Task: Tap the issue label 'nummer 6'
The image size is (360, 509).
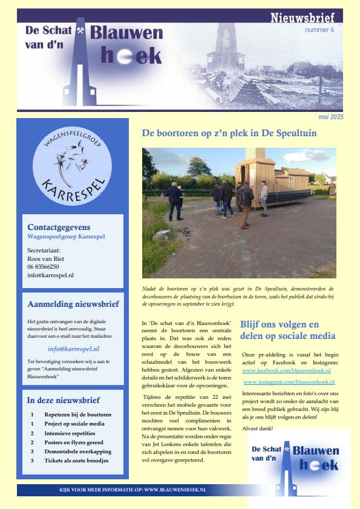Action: pyautogui.click(x=319, y=30)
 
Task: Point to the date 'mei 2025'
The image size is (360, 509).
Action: pyautogui.click(x=330, y=117)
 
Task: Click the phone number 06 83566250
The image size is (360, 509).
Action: pyautogui.click(x=43, y=266)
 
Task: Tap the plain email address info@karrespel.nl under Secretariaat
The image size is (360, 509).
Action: pyautogui.click(x=50, y=275)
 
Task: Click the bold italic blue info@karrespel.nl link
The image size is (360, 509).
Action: pyautogui.click(x=73, y=349)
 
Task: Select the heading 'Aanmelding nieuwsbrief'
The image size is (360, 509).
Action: pyautogui.click(x=73, y=304)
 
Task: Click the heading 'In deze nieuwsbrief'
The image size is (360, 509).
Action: pyautogui.click(x=63, y=400)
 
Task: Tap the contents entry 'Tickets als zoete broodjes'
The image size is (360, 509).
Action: pyautogui.click(x=76, y=461)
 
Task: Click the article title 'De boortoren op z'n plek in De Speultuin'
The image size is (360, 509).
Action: pyautogui.click(x=229, y=133)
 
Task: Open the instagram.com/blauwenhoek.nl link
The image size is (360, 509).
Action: pyautogui.click(x=289, y=383)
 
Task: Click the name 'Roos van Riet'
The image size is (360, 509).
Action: pyautogui.click(x=45, y=258)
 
